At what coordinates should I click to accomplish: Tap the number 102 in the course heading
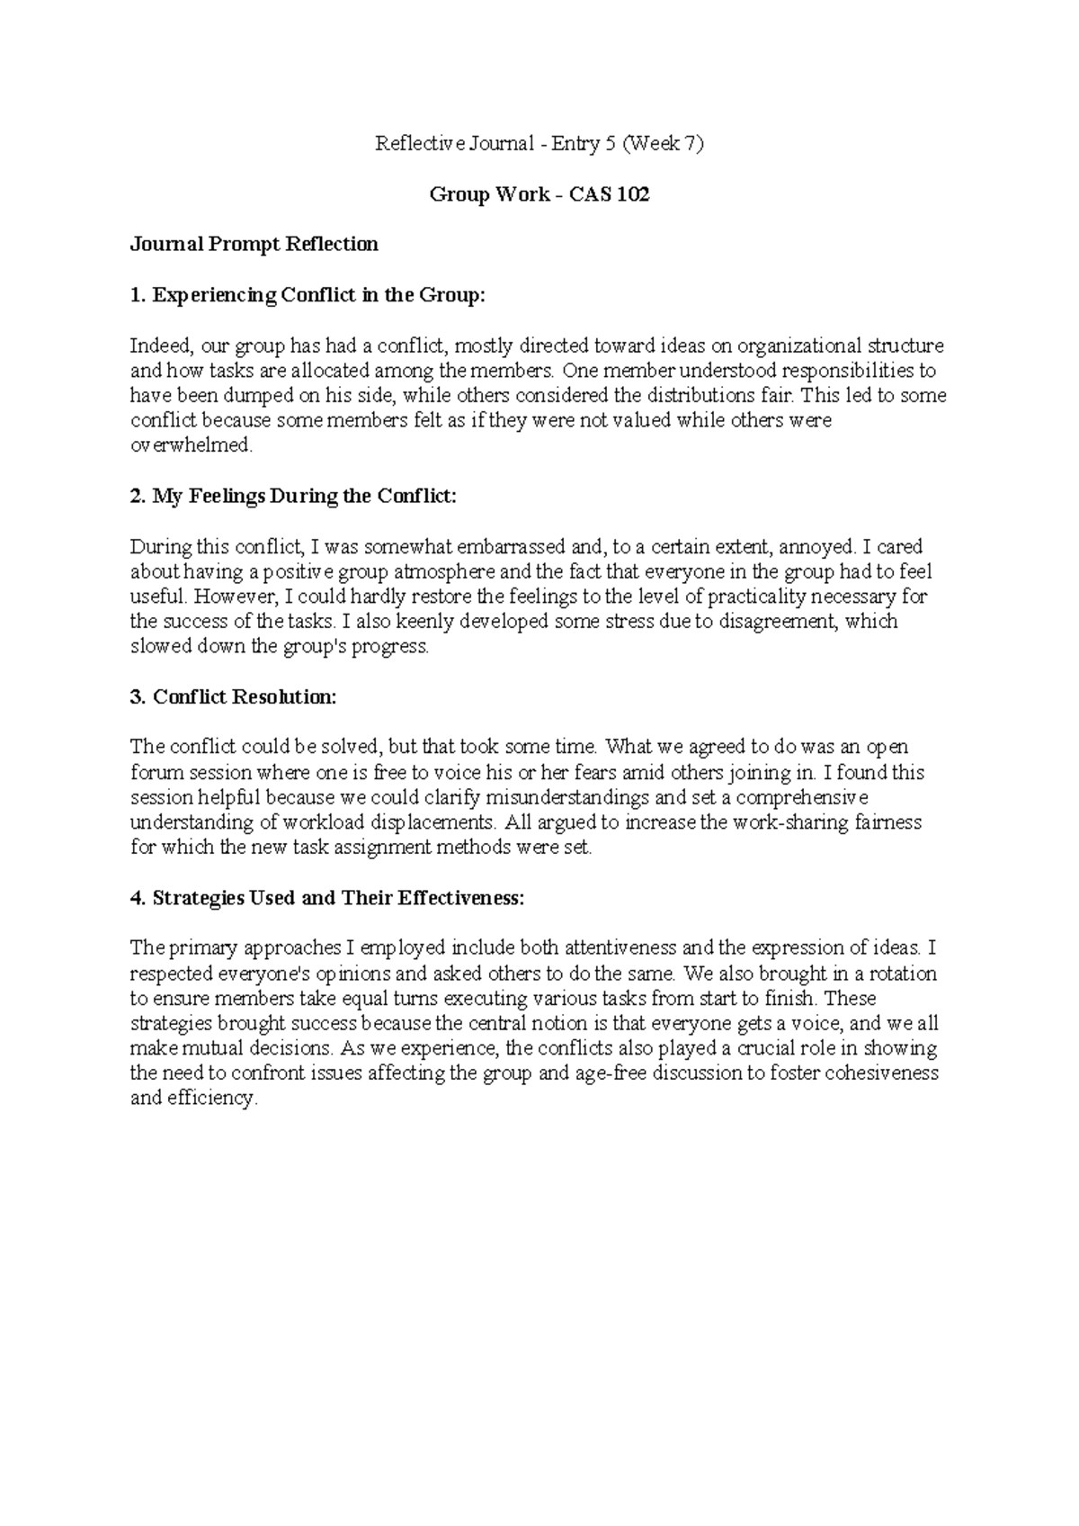[632, 194]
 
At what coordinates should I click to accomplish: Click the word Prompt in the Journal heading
[245, 244]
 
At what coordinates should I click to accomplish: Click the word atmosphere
[430, 571]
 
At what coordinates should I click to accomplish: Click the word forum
[154, 772]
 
